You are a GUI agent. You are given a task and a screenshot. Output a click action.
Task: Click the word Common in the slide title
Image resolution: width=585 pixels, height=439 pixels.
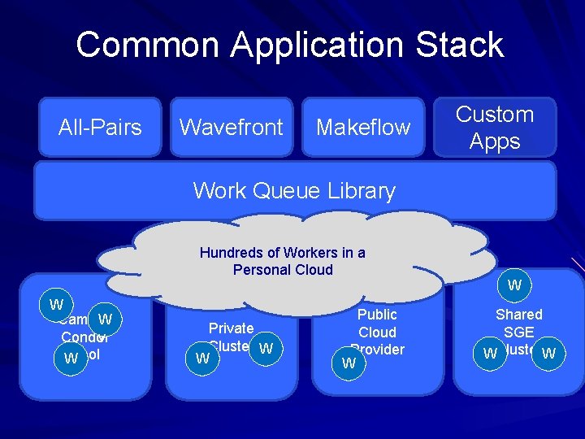tap(145, 45)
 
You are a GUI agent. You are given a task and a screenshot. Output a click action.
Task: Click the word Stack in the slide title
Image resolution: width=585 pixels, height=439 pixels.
tap(460, 45)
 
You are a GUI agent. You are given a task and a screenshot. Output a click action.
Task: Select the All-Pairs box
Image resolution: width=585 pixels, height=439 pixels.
tap(100, 127)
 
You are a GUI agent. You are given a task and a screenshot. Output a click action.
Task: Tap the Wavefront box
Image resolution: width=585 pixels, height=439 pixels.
tap(231, 127)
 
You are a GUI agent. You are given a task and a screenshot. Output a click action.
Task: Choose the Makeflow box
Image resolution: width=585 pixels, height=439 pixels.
tap(363, 127)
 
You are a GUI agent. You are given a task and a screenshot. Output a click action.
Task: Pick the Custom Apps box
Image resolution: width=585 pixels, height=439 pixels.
tap(494, 127)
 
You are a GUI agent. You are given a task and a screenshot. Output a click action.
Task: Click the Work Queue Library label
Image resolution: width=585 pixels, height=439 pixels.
tap(294, 191)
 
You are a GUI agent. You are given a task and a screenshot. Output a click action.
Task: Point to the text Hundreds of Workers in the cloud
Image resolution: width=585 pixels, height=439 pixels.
tap(282, 253)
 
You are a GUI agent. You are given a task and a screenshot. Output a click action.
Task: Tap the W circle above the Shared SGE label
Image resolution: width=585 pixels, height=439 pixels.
tap(514, 285)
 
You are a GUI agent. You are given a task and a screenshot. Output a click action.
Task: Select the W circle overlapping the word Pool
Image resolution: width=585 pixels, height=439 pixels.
tap(71, 359)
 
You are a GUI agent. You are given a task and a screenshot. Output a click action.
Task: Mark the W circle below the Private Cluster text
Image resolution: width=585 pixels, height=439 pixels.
tap(203, 359)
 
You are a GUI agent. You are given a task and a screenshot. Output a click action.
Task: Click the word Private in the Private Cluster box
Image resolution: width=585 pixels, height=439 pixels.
tap(232, 328)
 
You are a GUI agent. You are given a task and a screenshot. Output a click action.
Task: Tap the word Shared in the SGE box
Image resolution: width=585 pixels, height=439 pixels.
tap(518, 315)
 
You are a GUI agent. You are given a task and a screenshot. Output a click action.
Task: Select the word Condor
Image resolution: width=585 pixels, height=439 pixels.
tap(84, 337)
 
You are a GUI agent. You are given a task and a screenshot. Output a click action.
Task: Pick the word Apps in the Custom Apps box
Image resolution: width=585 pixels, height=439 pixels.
tap(494, 141)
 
